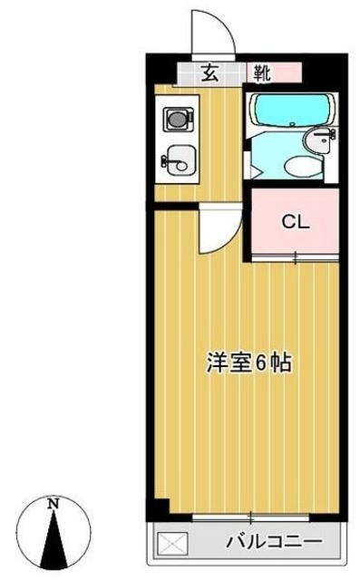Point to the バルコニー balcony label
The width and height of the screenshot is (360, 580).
point(280,542)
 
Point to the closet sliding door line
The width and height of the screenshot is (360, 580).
point(294,260)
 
